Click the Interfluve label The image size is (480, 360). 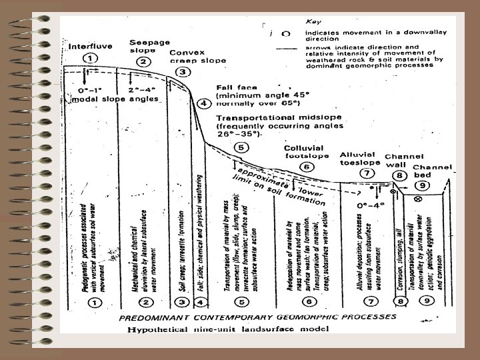click(90, 47)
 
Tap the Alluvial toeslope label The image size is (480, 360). click(361, 158)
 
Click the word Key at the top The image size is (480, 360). click(313, 21)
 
